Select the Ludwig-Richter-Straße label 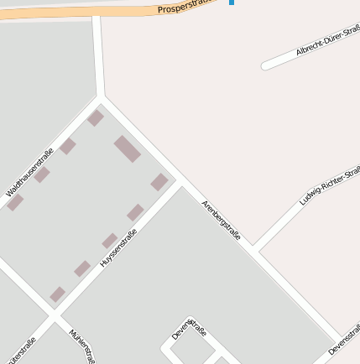pos(331,185)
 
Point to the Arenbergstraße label pos(222,220)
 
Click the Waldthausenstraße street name pos(29,173)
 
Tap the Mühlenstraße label pos(82,345)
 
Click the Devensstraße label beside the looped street pos(189,329)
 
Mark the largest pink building pos(128,148)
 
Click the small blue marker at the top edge pos(232,3)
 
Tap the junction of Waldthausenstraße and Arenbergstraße pos(102,97)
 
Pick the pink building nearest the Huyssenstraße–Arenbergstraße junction pos(159,182)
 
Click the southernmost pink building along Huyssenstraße pos(57,294)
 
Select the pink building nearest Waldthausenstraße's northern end pos(96,118)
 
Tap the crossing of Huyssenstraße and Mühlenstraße pos(55,316)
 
